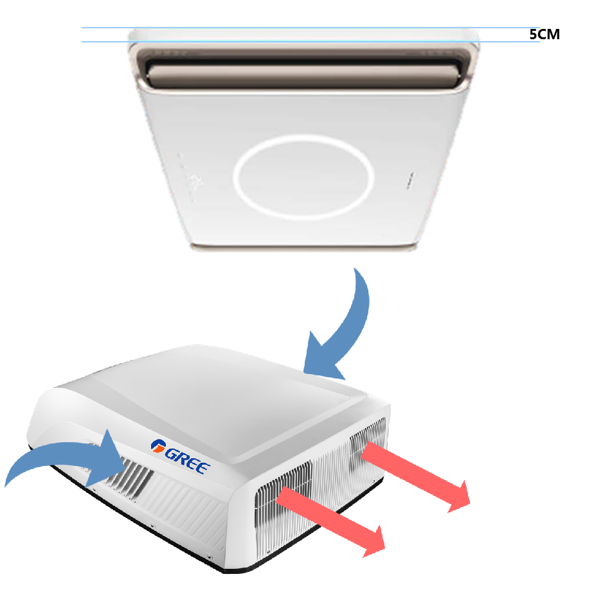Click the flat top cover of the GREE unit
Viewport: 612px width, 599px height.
pyautogui.click(x=244, y=398)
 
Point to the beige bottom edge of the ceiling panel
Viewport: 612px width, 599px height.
pyautogui.click(x=302, y=247)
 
